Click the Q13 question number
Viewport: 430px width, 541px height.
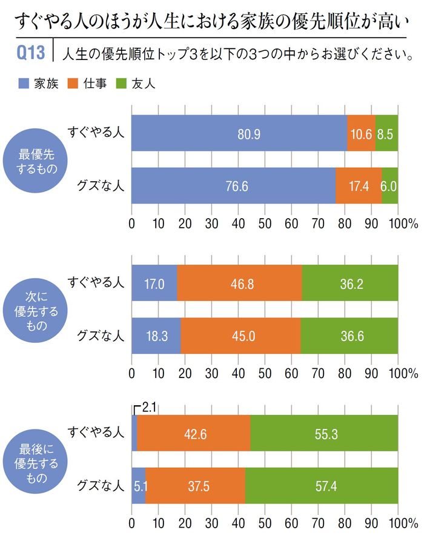coord(30,55)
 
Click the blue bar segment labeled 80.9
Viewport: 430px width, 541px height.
coord(240,133)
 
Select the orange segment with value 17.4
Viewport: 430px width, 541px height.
coord(359,186)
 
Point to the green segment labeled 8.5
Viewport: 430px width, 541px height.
coord(386,133)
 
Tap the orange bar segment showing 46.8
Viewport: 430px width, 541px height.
coord(240,283)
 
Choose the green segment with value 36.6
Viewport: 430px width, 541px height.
coord(349,336)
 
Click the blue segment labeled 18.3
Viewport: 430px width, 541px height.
coord(156,336)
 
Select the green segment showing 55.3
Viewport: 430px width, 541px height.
coord(324,433)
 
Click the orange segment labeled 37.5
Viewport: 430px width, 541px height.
coord(196,486)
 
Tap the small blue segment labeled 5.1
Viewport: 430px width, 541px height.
coord(139,486)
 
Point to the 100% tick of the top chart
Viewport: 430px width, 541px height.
coord(403,224)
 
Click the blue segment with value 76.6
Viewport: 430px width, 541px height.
coord(234,186)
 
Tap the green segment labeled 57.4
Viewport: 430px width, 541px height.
coord(322,486)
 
